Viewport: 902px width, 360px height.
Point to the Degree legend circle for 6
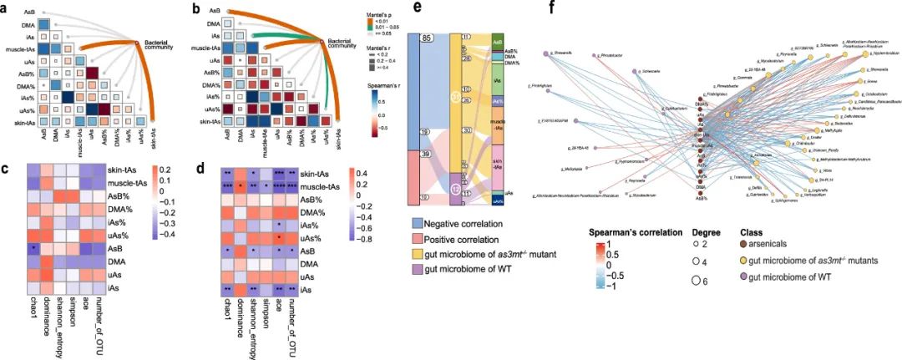(x=695, y=281)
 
